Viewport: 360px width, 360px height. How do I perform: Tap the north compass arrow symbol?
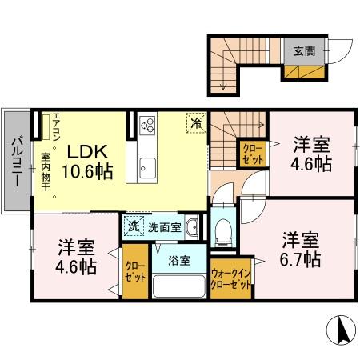point(339,329)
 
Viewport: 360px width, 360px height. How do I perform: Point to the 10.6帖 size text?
point(87,170)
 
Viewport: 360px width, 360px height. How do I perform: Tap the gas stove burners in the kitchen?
point(148,125)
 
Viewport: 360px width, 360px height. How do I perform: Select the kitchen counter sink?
point(148,168)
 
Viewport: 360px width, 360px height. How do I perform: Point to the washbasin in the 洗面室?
point(192,229)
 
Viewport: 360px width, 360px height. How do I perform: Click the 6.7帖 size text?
point(300,258)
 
